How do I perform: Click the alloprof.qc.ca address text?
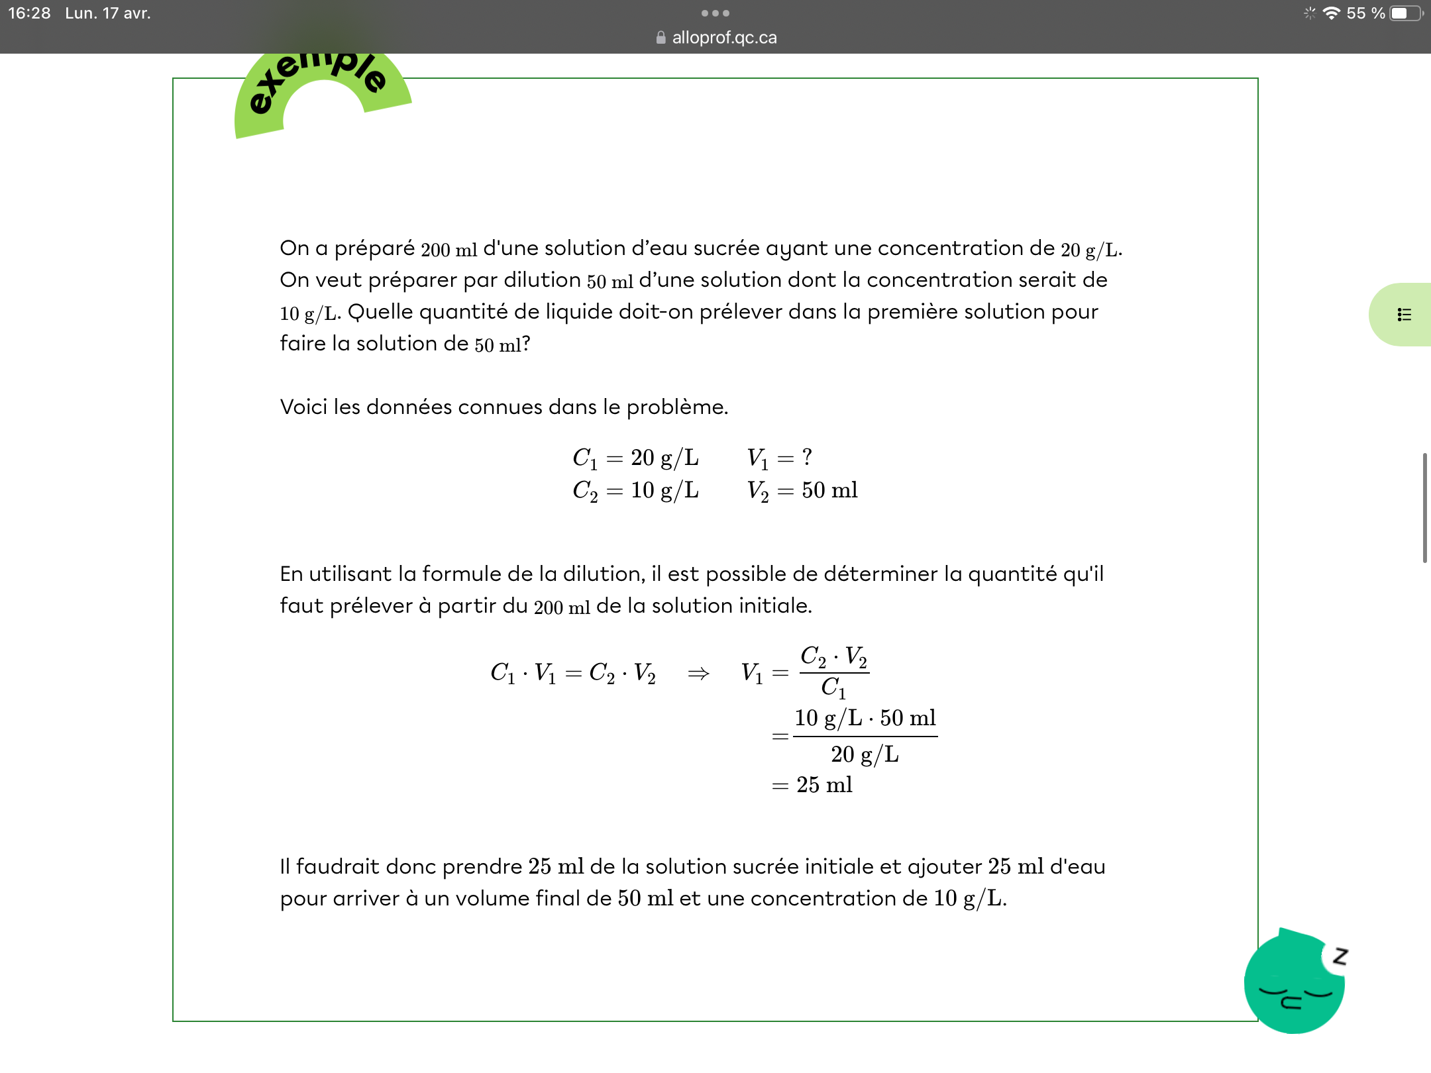(724, 38)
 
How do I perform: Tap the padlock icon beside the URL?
(661, 38)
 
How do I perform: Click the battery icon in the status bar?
(1405, 13)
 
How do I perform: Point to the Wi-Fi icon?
(1331, 13)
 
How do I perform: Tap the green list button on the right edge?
(1404, 315)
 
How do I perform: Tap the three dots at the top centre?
(715, 13)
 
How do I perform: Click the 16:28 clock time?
(29, 13)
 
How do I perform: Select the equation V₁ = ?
(780, 458)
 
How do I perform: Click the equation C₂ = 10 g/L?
(635, 491)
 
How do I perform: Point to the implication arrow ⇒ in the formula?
(698, 674)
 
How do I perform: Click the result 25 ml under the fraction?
(824, 785)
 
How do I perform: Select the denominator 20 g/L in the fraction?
(865, 754)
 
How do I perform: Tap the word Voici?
(303, 407)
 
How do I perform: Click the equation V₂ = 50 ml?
(802, 491)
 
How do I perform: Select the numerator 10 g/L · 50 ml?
(865, 718)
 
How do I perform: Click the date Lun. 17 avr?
(108, 13)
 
